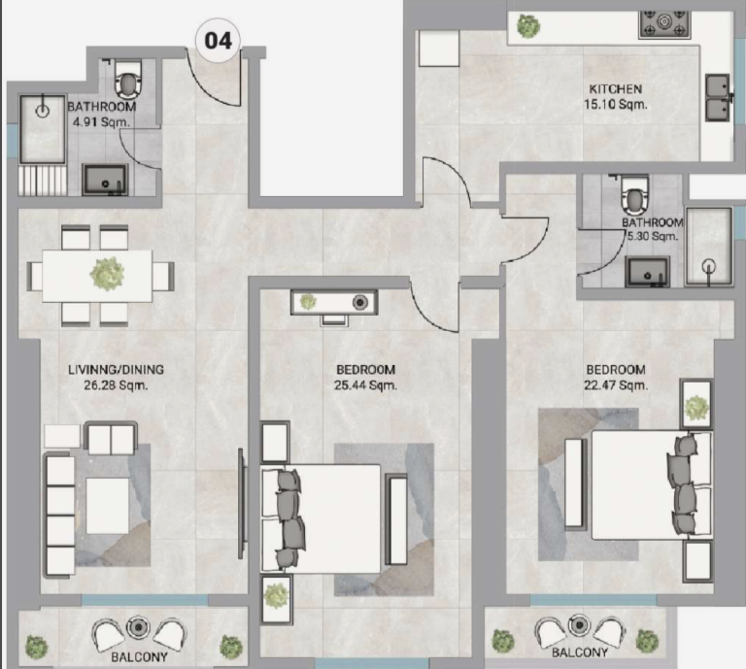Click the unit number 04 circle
218,41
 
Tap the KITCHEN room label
616,89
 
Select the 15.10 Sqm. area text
616,104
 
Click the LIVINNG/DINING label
117,369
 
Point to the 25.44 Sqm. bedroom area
365,385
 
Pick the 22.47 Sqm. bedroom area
616,385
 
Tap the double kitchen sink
718,97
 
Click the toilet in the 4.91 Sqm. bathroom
127,80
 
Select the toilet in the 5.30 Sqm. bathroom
635,196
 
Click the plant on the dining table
107,275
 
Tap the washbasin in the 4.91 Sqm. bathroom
105,180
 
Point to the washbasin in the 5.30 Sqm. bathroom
648,272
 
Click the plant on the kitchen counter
528,25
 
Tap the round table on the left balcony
138,627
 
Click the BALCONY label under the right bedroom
580,652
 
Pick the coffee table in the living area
108,506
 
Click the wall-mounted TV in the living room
242,504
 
